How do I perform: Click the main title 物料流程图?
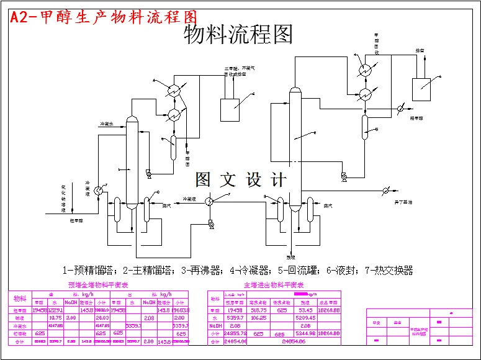point(238,35)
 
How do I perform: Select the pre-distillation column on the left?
point(131,161)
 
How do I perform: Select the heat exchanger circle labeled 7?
point(209,200)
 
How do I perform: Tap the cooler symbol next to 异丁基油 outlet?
point(385,191)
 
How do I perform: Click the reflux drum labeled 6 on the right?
point(365,127)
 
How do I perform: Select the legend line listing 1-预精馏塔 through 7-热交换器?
point(238,271)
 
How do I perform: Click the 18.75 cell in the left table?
point(55,317)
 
